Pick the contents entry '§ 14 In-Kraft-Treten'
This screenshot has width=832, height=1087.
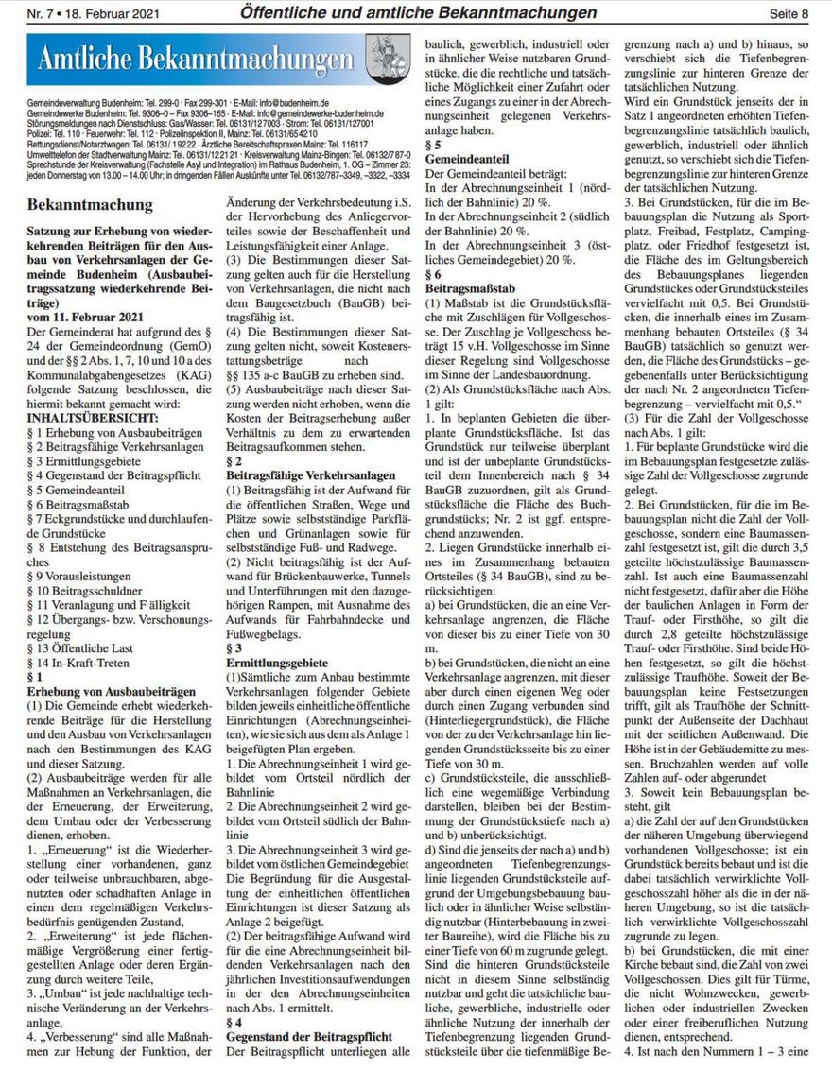tap(85, 662)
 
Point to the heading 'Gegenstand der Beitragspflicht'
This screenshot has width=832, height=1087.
tap(309, 1037)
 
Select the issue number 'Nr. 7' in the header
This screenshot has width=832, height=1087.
tap(43, 13)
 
